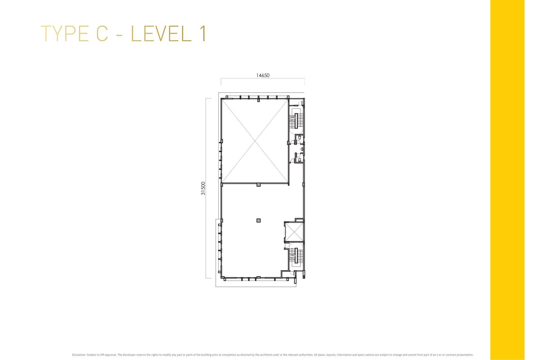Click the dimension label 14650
pos(263,75)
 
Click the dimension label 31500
pos(203,188)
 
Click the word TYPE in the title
pos(65,34)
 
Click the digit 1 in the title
pos(203,34)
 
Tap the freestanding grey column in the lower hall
pos(258,220)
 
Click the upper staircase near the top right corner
pos(296,120)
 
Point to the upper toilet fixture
pos(300,138)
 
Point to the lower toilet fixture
pos(300,160)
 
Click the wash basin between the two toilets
pos(302,149)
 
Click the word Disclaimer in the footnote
pos(78,355)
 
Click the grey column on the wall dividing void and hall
pos(258,185)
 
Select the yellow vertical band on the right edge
pos(507,180)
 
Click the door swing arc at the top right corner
pos(300,103)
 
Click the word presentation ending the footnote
pos(465,355)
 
